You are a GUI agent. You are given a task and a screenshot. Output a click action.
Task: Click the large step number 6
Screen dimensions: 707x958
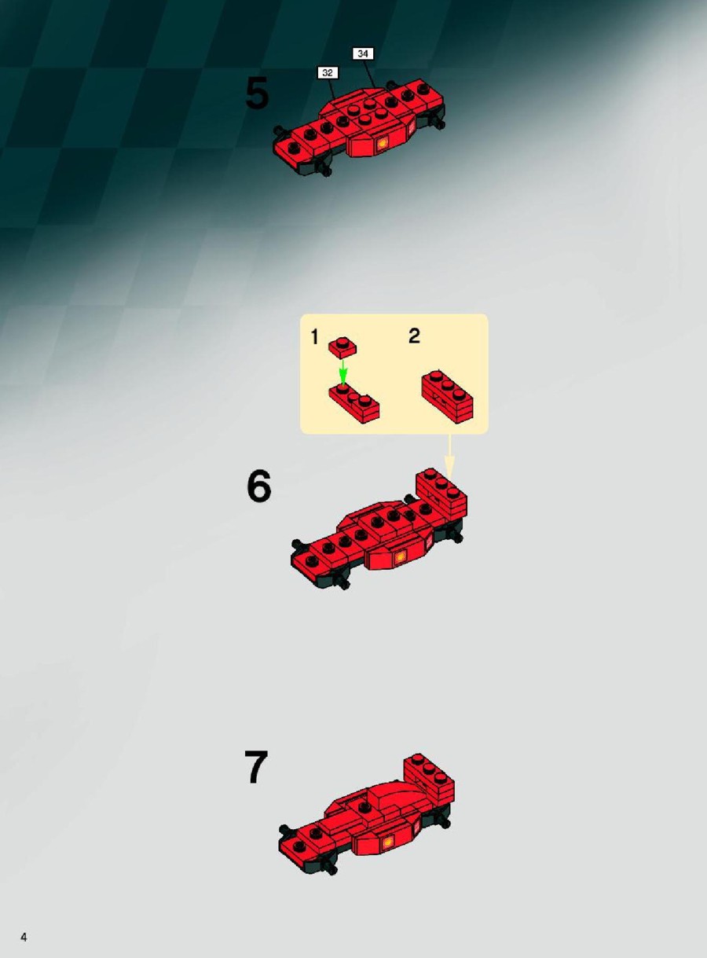(x=259, y=486)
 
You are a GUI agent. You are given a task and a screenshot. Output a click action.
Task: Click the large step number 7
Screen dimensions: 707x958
(x=256, y=768)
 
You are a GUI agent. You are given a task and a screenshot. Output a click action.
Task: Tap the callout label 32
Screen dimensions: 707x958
(x=328, y=72)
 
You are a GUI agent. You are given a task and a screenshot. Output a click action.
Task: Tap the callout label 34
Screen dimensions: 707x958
(x=363, y=53)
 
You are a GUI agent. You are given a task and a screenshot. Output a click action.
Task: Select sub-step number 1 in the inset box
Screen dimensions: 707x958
(x=314, y=337)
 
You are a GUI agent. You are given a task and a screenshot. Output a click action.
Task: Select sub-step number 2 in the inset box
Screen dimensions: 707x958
(x=414, y=336)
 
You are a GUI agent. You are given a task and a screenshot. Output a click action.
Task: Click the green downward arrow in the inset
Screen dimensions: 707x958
(x=343, y=372)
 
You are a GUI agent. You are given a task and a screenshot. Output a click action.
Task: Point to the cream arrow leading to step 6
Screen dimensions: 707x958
(x=449, y=456)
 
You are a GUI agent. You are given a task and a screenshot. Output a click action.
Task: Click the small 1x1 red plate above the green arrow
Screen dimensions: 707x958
(x=343, y=347)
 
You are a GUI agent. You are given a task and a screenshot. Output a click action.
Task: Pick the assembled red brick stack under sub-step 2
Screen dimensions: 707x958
(x=447, y=398)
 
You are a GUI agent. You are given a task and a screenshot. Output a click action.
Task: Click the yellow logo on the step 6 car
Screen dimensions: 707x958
(x=401, y=557)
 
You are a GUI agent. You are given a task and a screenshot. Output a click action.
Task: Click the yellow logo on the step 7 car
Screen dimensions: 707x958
(x=388, y=842)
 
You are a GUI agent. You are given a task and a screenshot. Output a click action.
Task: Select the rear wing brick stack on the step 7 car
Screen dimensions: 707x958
(x=429, y=779)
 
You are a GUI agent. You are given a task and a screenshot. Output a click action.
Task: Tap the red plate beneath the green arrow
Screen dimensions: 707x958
(x=354, y=404)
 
